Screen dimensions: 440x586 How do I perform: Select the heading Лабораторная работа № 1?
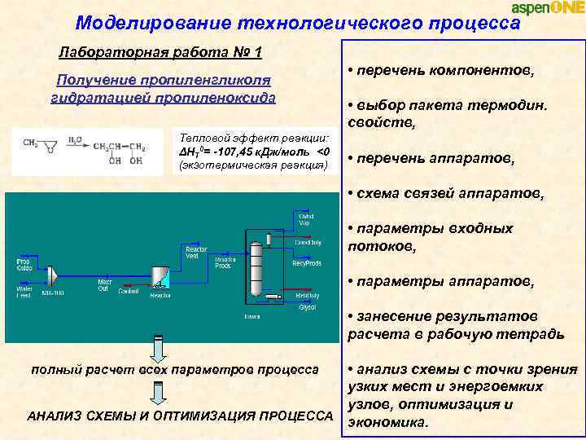click(160, 53)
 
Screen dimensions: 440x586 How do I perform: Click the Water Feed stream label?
click(24, 291)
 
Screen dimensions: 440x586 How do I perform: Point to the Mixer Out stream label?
click(103, 285)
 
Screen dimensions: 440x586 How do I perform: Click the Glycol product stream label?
click(307, 307)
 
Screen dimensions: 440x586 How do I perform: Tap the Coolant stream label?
click(128, 291)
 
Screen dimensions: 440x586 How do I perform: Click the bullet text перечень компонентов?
click(444, 71)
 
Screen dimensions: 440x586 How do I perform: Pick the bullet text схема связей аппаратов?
click(448, 194)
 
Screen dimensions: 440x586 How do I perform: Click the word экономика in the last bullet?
click(386, 422)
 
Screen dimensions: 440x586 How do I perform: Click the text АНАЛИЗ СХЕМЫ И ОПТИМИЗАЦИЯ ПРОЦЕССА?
click(180, 416)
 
